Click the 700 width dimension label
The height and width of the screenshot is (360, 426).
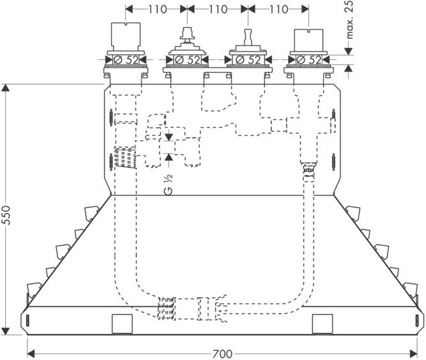point(222,354)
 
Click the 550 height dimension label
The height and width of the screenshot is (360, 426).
point(6,215)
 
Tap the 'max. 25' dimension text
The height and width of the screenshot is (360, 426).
point(349,19)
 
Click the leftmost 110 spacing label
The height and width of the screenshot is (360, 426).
point(157,9)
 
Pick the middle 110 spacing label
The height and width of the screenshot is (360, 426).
point(218,9)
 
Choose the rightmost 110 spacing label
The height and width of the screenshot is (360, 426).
point(278,9)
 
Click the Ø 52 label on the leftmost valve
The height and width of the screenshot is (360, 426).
point(126,60)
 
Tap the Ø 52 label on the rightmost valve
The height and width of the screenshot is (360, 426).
point(308,60)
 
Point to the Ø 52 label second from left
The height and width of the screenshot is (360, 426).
point(187,60)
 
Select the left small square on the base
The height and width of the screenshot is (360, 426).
point(122,324)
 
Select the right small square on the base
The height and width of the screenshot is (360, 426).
point(323,324)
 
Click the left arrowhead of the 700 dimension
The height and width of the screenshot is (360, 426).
point(31,354)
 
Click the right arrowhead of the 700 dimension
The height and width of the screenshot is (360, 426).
point(413,354)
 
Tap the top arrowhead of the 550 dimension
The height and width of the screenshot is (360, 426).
point(6,87)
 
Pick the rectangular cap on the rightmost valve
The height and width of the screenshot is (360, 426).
point(309,40)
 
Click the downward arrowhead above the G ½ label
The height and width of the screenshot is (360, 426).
point(169,137)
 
